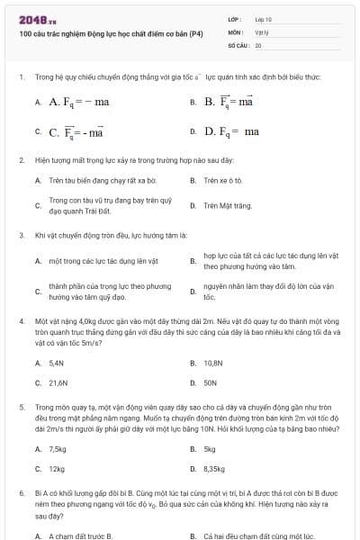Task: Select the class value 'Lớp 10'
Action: coord(263,18)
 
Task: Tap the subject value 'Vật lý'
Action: coord(262,31)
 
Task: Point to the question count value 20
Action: coord(258,43)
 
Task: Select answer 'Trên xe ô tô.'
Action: coord(224,180)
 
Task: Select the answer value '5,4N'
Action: coord(57,364)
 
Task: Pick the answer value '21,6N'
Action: coord(58,382)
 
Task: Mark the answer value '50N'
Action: coord(211,382)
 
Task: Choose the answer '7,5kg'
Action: coord(58,449)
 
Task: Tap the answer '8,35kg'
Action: coord(216,468)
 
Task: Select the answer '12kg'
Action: coord(57,468)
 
